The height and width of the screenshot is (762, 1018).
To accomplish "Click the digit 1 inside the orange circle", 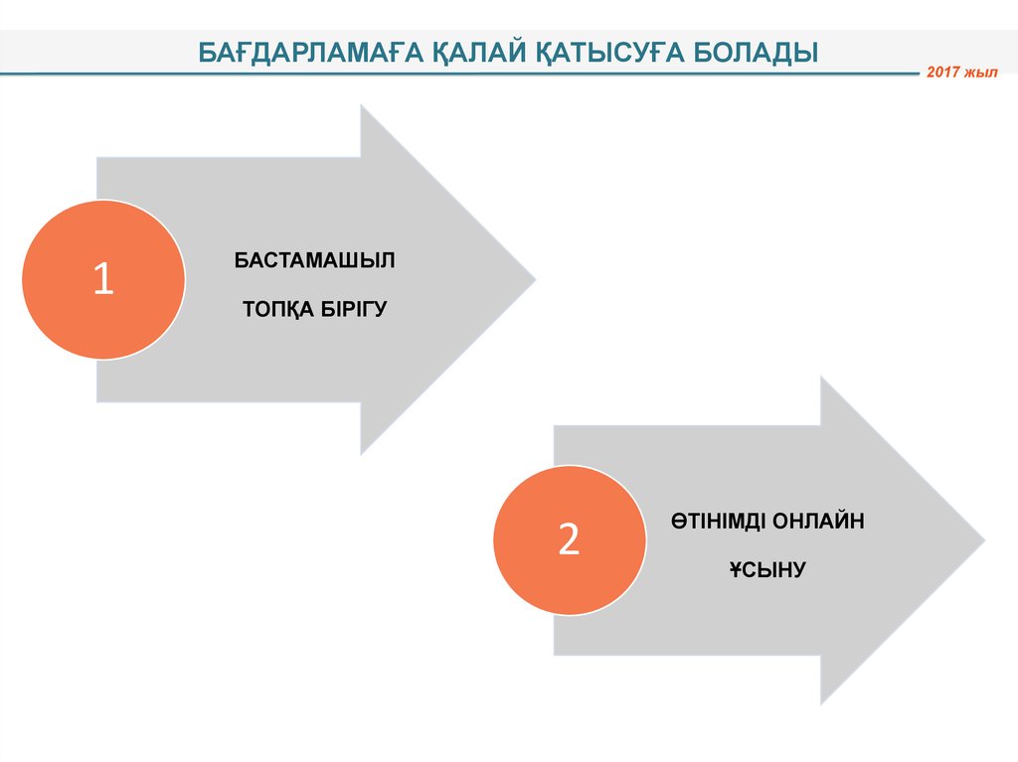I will click(x=103, y=279).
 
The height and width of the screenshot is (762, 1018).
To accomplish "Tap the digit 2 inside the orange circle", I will click(x=569, y=539).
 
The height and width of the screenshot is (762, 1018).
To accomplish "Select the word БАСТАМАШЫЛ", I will click(x=315, y=260).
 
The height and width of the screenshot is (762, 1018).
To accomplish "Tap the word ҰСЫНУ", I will click(x=766, y=570).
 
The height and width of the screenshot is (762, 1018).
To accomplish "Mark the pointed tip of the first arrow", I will click(x=534, y=279).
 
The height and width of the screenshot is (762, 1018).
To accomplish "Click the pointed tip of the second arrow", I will click(x=984, y=541).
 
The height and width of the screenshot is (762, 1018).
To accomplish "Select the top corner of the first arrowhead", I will click(x=362, y=106).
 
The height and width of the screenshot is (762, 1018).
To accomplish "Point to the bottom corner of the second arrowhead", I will click(x=822, y=704).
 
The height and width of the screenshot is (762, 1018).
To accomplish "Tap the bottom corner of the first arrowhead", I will click(x=362, y=454).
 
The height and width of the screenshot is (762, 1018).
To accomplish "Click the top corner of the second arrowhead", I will click(x=822, y=379).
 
